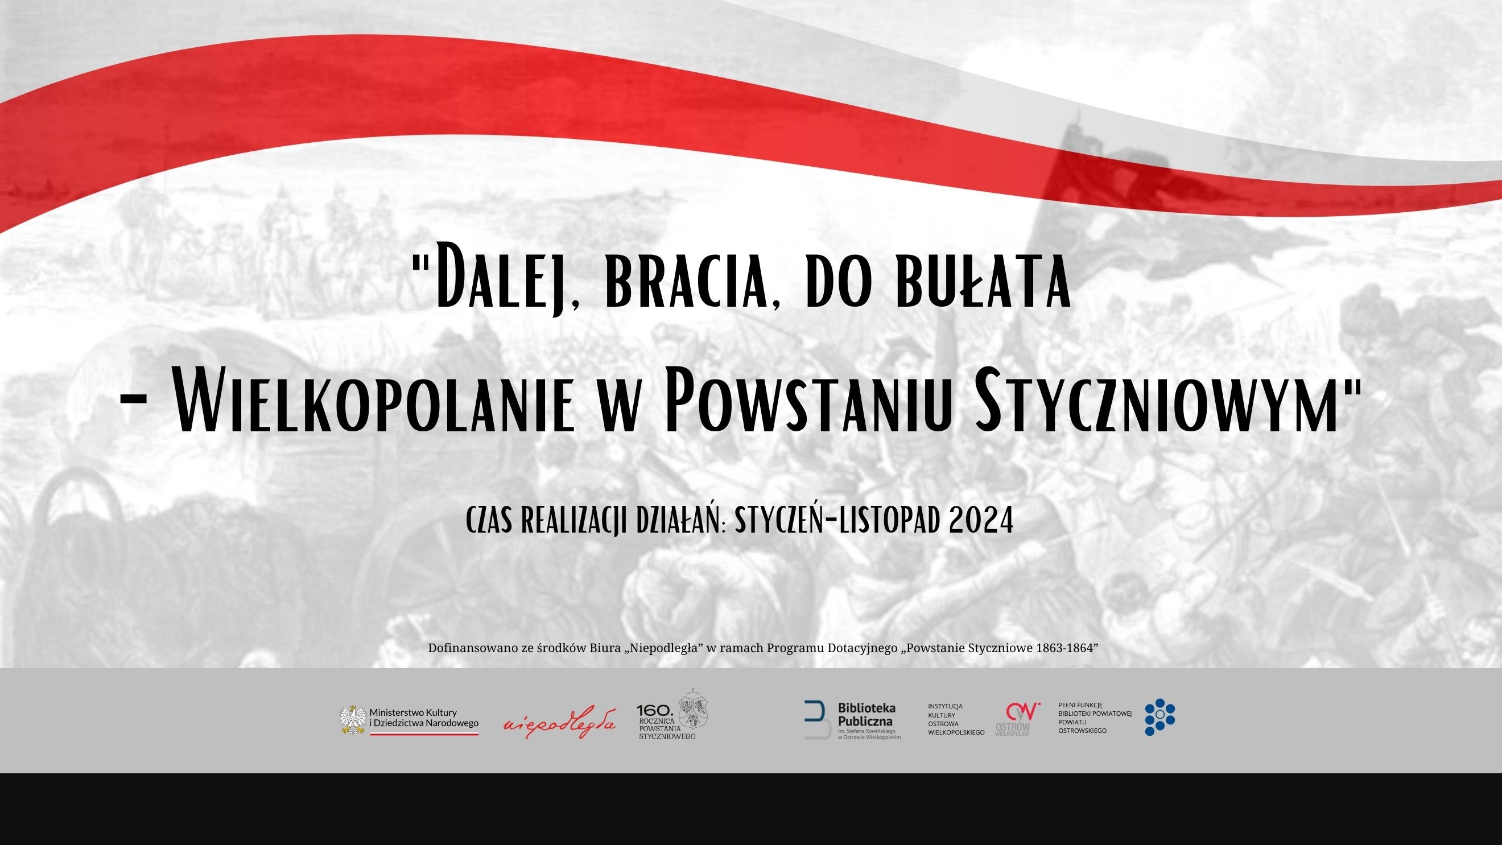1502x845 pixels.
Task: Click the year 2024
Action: click(x=981, y=520)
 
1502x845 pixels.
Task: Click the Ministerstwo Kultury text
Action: click(x=414, y=712)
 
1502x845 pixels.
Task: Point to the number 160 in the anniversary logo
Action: click(x=655, y=710)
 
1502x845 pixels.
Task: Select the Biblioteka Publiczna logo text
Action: click(x=866, y=715)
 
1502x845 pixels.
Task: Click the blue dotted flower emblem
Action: click(x=1159, y=717)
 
